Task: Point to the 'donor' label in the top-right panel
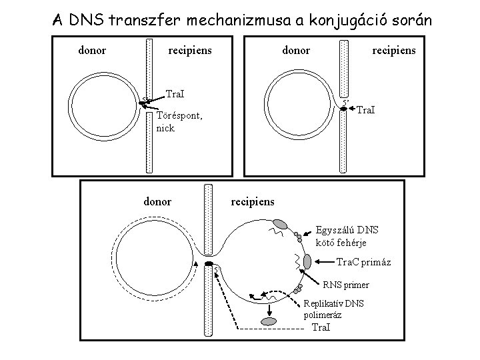[295, 50]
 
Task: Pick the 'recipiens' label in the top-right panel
[393, 50]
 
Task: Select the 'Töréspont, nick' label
[179, 121]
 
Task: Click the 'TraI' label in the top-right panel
[364, 109]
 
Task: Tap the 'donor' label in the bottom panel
[157, 201]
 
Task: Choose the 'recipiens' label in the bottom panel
[252, 201]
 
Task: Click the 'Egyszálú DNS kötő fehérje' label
[347, 236]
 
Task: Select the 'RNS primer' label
[346, 285]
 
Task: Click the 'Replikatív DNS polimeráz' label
[334, 309]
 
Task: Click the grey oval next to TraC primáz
[307, 261]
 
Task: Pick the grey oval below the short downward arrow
[269, 321]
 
